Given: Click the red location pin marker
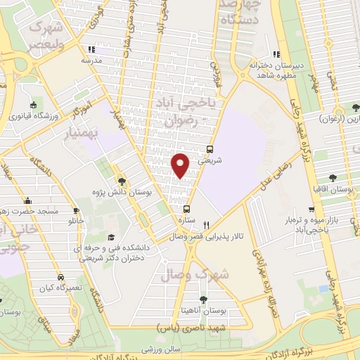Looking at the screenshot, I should click(181, 165).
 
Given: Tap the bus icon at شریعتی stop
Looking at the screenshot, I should click(210, 149).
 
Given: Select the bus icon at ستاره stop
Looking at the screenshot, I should click(186, 209).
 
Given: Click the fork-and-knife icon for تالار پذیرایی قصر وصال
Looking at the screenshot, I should click(205, 226).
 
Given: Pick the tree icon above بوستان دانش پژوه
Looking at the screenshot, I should click(121, 181).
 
